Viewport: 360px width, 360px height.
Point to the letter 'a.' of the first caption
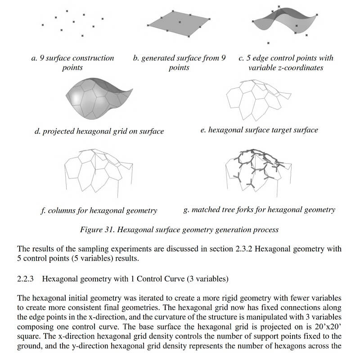pos(34,58)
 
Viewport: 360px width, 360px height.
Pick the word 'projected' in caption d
pos(60,132)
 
